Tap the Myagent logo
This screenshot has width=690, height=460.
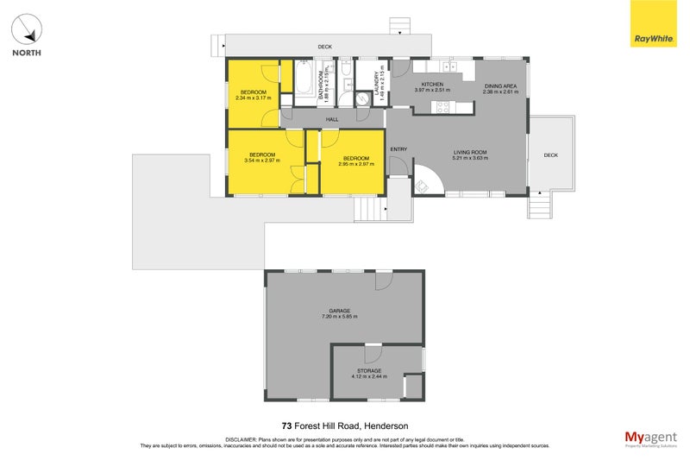click(650, 438)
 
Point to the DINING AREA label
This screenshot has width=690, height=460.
click(499, 86)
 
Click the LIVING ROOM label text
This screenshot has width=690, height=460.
click(471, 153)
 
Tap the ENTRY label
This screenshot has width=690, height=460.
click(398, 149)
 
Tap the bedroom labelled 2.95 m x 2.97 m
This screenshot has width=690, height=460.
click(356, 159)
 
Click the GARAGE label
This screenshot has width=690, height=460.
click(339, 311)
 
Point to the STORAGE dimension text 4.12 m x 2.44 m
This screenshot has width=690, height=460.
click(369, 376)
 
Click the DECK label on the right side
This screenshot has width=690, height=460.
click(551, 155)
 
